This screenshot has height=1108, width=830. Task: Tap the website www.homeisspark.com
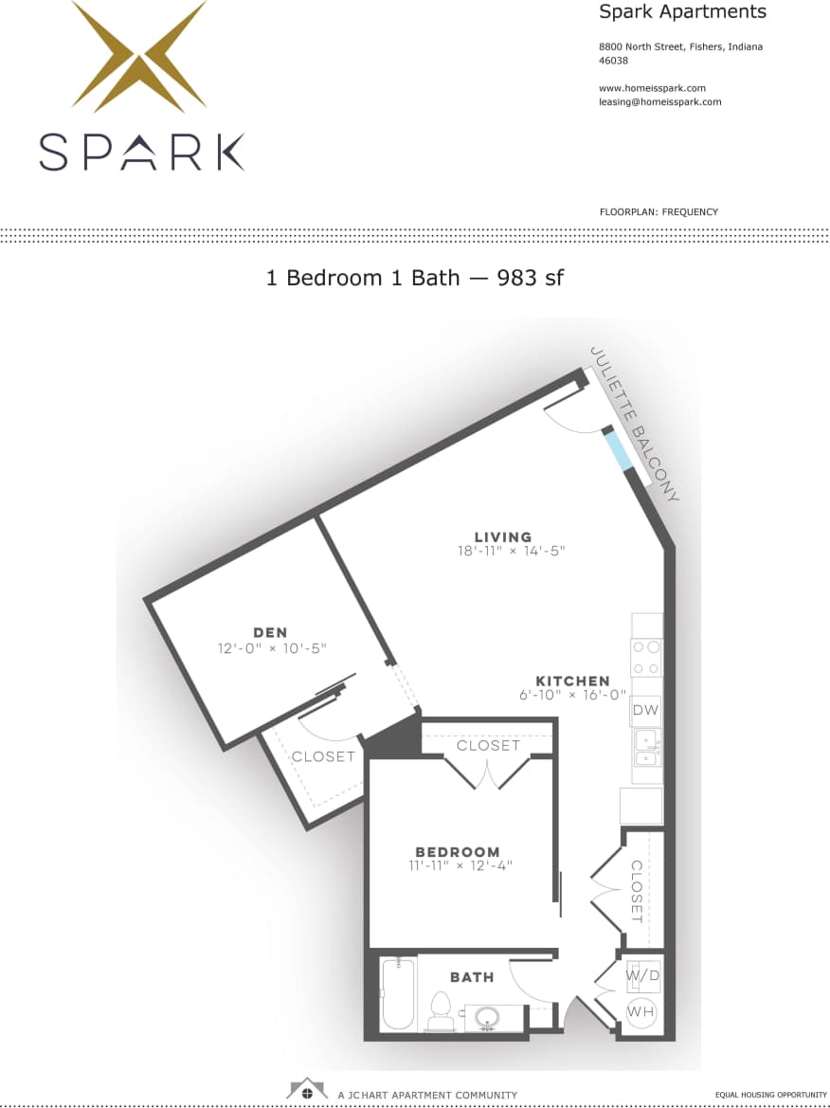[652, 88]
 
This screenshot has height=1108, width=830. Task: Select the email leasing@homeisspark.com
[659, 101]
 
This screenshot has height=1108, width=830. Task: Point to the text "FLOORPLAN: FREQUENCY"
[659, 212]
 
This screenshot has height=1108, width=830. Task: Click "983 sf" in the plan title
[531, 278]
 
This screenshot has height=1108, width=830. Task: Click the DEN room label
[270, 632]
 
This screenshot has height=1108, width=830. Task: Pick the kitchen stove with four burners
[647, 657]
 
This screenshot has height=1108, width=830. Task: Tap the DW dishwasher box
[646, 710]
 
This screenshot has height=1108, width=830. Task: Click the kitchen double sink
[647, 746]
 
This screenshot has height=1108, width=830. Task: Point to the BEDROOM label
[457, 851]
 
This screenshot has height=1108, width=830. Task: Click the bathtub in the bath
[398, 995]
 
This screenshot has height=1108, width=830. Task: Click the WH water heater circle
[641, 1012]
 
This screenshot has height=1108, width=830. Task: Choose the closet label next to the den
[322, 756]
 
